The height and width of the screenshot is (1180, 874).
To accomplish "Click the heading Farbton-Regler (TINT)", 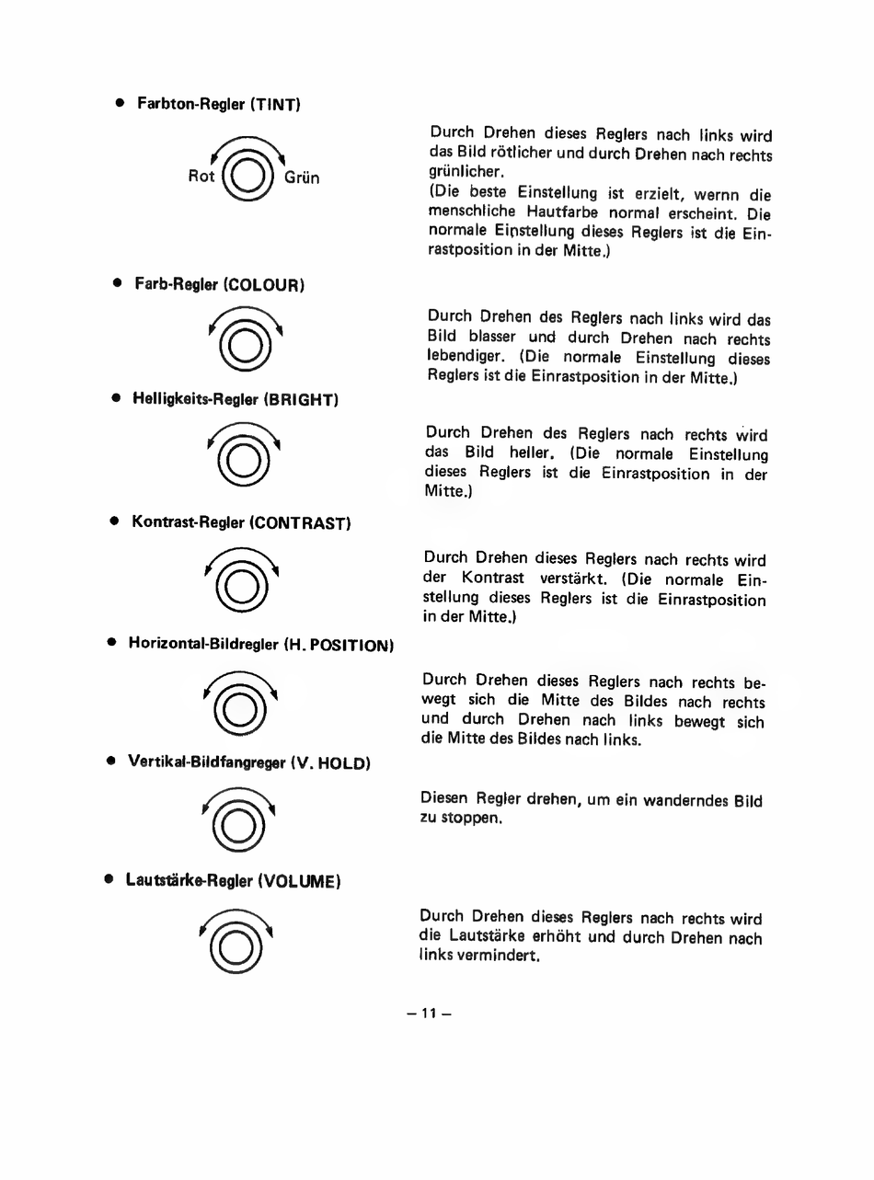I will tap(219, 104).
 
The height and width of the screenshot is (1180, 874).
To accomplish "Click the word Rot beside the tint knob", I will tap(201, 176).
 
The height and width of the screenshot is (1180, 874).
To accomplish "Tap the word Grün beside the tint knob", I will tap(302, 178).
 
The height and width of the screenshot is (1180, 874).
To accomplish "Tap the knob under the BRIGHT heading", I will tap(243, 458).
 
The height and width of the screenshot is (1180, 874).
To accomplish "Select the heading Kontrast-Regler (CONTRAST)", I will tap(241, 522).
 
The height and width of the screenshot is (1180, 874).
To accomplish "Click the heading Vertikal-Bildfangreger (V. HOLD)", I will tap(248, 762).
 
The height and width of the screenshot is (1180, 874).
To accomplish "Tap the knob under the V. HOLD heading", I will tap(241, 824).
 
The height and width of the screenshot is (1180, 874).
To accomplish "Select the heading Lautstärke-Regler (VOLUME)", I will tap(234, 880).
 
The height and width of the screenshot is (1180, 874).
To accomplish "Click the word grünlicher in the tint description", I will tap(465, 173).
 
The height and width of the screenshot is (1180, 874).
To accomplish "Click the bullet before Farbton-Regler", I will tap(119, 103).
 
